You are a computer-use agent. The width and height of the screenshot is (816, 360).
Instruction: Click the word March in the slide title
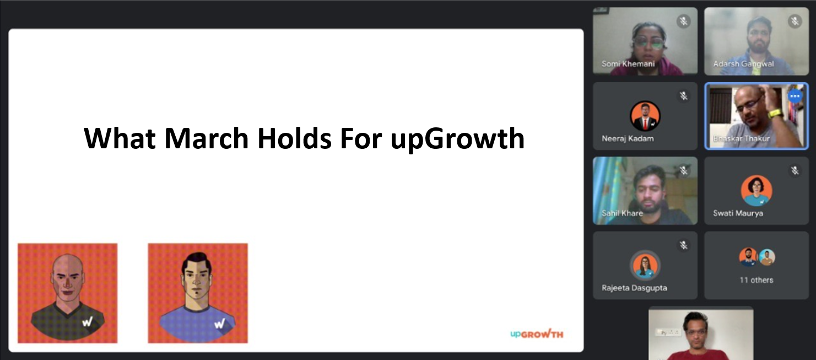207,138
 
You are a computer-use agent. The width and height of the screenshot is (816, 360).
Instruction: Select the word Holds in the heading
294,138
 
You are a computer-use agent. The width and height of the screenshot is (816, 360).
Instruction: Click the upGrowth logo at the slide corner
537,334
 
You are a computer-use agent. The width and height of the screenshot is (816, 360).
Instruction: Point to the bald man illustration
67,293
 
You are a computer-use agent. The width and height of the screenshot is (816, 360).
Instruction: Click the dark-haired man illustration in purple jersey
198,293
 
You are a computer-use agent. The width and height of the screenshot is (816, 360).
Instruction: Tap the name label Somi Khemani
628,64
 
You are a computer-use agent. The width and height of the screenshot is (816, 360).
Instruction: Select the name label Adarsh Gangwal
743,64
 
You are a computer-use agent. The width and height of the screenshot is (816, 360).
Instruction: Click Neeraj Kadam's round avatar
645,116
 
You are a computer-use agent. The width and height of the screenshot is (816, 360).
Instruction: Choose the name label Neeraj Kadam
628,138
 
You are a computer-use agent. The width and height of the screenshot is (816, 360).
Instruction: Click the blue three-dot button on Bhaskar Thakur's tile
795,96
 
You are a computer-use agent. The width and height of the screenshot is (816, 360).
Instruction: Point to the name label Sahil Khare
622,213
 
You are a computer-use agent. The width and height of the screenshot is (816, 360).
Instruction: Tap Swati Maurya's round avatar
756,191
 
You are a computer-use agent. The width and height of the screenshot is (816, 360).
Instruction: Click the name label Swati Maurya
738,213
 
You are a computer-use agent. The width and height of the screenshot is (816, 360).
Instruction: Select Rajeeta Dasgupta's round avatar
645,265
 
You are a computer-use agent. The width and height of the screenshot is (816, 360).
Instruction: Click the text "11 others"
756,280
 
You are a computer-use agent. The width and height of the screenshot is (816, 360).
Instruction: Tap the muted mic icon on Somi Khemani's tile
684,22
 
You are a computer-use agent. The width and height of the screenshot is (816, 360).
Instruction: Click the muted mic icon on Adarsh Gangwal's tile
795,22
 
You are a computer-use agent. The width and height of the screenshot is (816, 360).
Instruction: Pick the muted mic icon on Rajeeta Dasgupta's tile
684,245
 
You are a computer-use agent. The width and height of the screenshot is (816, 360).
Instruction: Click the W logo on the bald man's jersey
88,321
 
